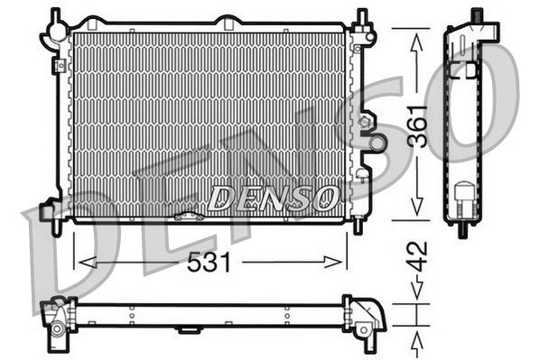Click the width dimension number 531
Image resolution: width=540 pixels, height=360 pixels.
[x=209, y=263]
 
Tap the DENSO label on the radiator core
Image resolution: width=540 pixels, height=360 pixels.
[x=274, y=196]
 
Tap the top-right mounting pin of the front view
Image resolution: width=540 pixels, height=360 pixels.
[x=362, y=17]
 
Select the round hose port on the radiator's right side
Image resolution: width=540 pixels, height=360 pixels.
[x=377, y=142]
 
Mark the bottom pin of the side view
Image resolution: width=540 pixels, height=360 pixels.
[x=462, y=230]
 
